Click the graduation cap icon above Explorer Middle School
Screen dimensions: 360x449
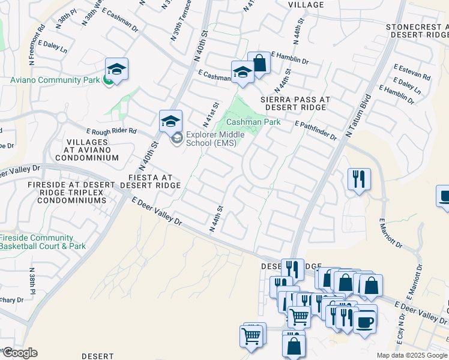[x=170, y=121]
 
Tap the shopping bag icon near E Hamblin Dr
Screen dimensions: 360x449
[x=259, y=63]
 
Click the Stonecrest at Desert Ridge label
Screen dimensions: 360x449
[x=417, y=31]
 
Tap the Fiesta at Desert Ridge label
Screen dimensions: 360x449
[x=150, y=181]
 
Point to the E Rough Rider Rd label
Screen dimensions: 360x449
[x=112, y=131]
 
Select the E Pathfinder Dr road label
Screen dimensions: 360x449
[x=316, y=130]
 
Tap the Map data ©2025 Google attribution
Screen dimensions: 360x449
[x=411, y=355]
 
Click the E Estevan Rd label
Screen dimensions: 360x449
[x=412, y=72]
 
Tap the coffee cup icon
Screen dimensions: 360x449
[x=365, y=322]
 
